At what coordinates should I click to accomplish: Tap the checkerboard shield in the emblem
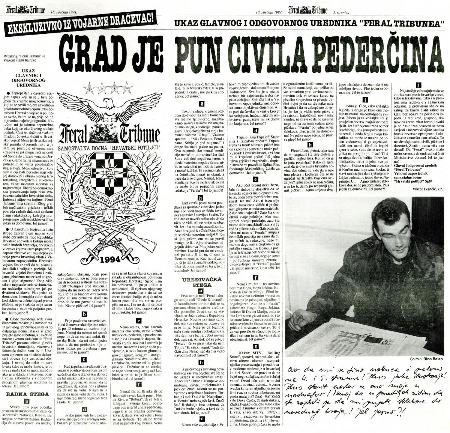(x=109, y=172)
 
